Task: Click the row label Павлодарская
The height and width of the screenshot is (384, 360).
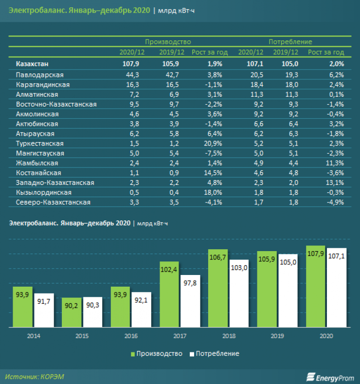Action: coord(39,75)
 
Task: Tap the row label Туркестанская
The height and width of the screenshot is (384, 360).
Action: coord(40,144)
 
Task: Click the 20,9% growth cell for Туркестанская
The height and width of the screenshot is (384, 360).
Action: coord(214,144)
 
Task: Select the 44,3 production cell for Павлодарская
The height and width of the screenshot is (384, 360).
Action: coord(132,75)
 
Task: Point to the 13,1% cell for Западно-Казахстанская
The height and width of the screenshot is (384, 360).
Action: coord(335,183)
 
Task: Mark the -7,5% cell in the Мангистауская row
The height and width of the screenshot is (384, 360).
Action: coord(214,153)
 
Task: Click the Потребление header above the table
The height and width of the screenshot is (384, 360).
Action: coord(290,42)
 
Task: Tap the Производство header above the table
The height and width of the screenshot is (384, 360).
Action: coord(168,42)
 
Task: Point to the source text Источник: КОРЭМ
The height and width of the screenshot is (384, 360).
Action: coord(35,376)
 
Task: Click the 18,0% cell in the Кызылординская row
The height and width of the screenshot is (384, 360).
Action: coord(214,192)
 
